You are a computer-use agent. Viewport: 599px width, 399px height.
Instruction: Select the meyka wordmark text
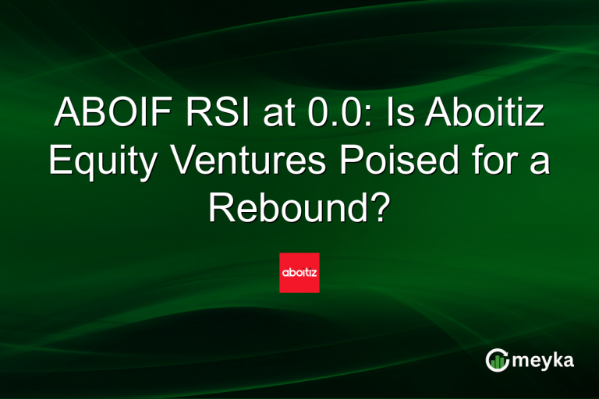[546, 360]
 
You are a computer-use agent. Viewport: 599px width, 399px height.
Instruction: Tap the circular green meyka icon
[498, 359]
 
